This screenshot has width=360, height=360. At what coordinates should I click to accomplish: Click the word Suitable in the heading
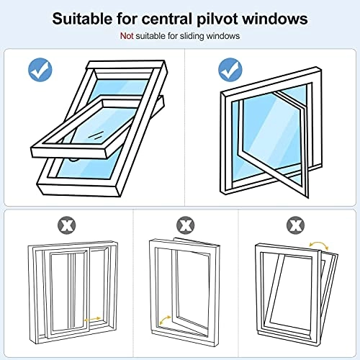click(x=86, y=19)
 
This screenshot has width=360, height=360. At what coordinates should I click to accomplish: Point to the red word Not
click(x=127, y=36)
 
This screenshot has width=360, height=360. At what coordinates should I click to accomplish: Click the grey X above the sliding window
click(x=67, y=225)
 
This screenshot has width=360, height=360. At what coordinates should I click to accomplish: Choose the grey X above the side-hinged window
click(x=185, y=225)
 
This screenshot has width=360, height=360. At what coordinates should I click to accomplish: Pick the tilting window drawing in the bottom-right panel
click(x=297, y=292)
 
